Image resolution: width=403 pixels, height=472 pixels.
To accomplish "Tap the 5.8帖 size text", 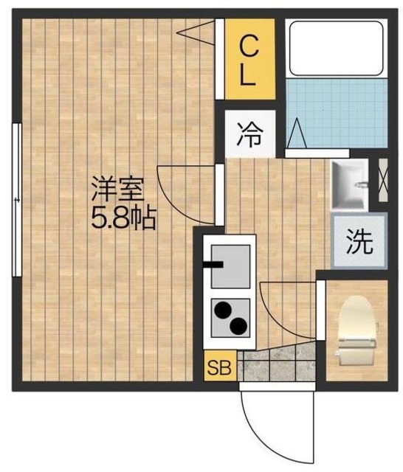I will click(x=123, y=218).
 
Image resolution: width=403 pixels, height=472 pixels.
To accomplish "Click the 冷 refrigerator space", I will click(x=249, y=135).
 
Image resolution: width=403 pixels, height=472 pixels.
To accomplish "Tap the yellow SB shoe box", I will click(x=218, y=366).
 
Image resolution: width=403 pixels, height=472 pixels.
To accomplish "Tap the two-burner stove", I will click(x=230, y=316).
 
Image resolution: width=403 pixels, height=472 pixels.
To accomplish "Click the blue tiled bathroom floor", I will click(x=336, y=114).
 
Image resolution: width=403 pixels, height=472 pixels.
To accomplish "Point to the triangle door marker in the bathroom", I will click(x=297, y=133).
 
